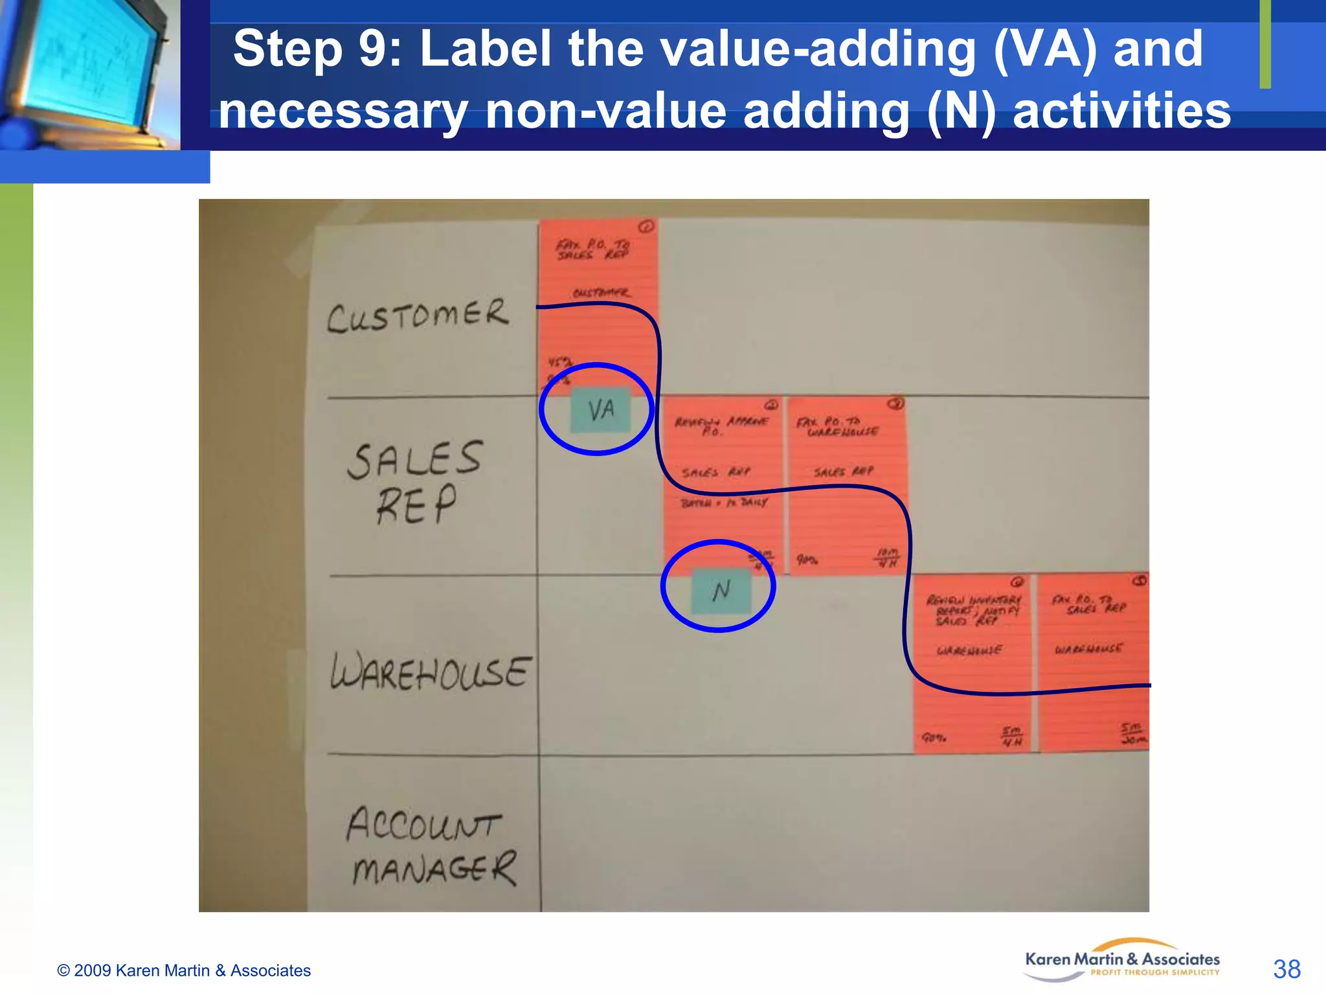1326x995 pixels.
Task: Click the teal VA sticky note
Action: point(600,410)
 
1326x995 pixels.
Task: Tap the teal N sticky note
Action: point(721,590)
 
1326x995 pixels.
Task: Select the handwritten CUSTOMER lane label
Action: point(418,315)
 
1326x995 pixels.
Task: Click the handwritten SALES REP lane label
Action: point(415,482)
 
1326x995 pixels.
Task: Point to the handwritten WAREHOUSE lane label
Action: point(431,671)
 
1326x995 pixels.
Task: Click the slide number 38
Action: point(1286,969)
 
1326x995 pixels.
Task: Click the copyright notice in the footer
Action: point(184,970)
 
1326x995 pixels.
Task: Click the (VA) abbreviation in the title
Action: point(1044,49)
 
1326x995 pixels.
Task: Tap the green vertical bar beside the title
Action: point(1264,44)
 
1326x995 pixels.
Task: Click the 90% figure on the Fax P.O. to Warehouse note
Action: point(807,559)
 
